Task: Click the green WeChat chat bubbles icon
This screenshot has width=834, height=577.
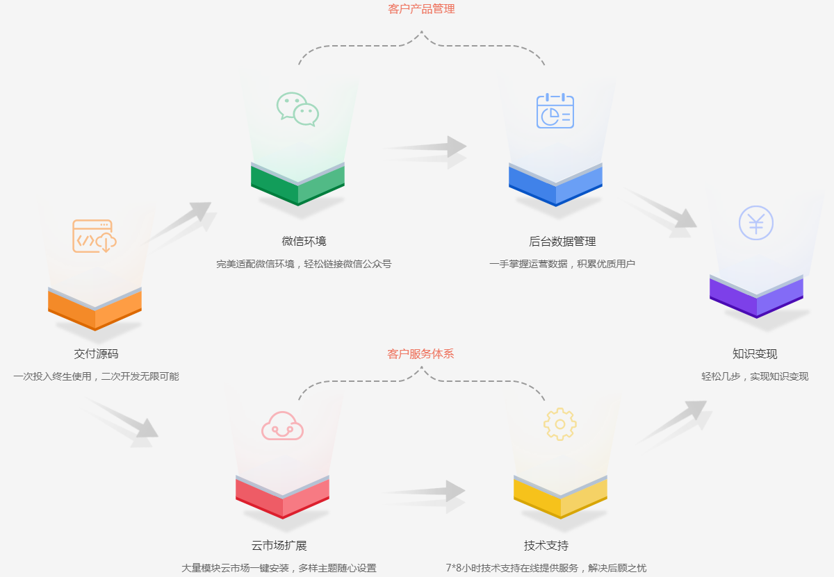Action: (297, 109)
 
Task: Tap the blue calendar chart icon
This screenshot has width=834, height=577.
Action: (555, 110)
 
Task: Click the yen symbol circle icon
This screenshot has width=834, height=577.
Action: (756, 223)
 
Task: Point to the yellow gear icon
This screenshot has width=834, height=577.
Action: (560, 424)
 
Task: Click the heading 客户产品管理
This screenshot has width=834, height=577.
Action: (421, 9)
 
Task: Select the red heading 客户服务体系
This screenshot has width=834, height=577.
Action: (420, 353)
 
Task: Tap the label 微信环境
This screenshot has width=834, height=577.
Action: (304, 241)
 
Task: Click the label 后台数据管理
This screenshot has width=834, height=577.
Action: (562, 241)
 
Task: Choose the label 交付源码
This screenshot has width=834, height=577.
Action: (96, 353)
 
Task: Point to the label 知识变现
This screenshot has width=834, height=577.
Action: (755, 353)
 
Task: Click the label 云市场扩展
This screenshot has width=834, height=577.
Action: (279, 545)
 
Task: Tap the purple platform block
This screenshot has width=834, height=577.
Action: (756, 297)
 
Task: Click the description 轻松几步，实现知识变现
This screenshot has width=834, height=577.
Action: (755, 376)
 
